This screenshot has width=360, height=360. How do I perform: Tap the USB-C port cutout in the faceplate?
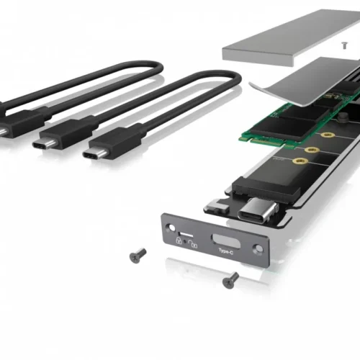tap(224, 240)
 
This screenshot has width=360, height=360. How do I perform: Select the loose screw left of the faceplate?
tap(137, 254)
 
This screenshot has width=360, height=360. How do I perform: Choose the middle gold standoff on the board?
tap(312, 150)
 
